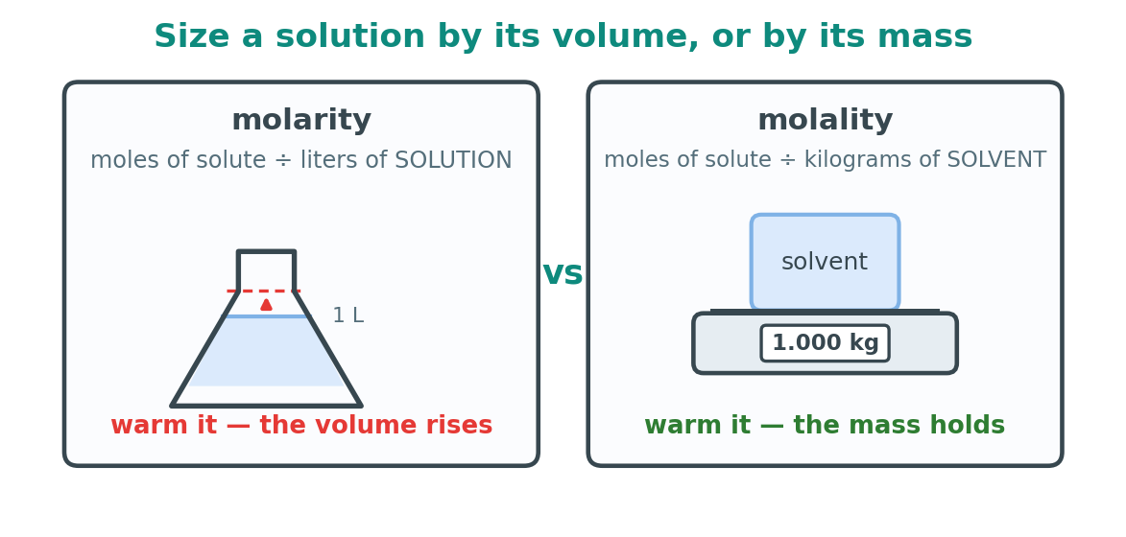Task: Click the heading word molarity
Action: coord(300,121)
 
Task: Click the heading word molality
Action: coord(826,121)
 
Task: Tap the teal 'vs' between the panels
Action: coord(563,273)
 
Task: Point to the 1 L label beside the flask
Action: coord(348,315)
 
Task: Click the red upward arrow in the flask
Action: coord(267,304)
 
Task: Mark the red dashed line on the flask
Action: coord(264,292)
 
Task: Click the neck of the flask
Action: coord(267,270)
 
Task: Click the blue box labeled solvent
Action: coord(826,262)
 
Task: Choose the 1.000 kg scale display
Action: coord(826,343)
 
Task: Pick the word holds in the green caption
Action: coord(978,426)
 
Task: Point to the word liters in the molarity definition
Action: coord(323,160)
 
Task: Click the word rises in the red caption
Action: coord(461,426)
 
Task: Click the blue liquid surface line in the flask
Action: coord(267,316)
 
